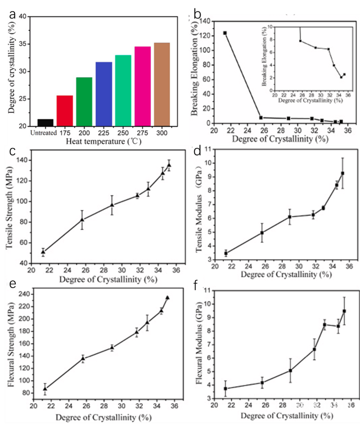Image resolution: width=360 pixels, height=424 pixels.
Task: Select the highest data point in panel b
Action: click(x=225, y=33)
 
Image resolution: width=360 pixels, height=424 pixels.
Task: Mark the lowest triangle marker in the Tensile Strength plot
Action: click(x=43, y=252)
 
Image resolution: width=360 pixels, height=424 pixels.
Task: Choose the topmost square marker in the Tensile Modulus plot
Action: click(x=343, y=173)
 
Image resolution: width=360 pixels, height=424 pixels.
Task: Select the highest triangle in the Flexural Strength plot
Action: click(x=167, y=298)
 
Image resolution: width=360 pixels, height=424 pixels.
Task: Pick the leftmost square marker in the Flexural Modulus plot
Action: click(x=225, y=388)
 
